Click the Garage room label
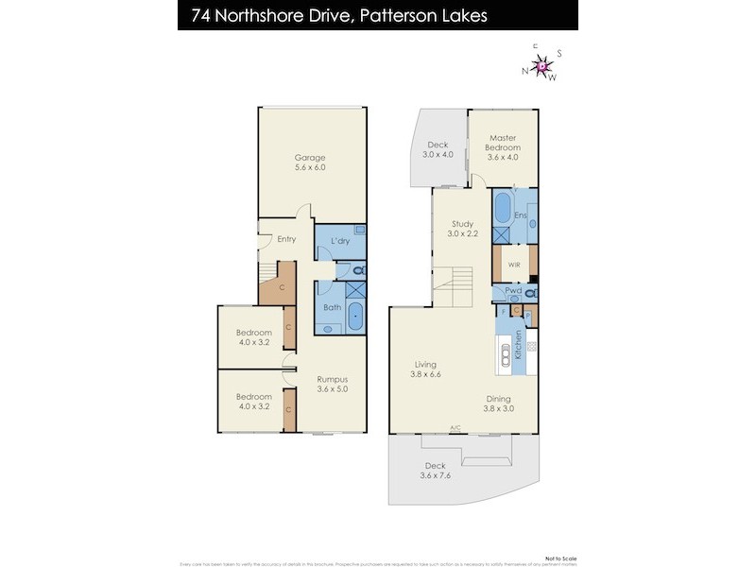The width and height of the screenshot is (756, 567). [x=309, y=163]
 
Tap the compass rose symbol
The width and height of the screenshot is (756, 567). [x=541, y=66]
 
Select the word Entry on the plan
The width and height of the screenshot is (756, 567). [x=286, y=239]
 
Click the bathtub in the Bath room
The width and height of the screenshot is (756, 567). [x=355, y=317]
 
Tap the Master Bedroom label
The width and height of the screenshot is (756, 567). [x=503, y=143]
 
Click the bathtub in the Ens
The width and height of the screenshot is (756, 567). [x=502, y=209]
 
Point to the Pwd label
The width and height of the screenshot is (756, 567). [x=513, y=291]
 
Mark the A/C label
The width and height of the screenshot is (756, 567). [x=455, y=427]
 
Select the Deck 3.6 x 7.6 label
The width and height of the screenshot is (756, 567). [x=435, y=471]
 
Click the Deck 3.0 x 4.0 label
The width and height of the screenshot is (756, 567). [x=438, y=149]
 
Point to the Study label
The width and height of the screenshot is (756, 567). [x=462, y=229]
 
